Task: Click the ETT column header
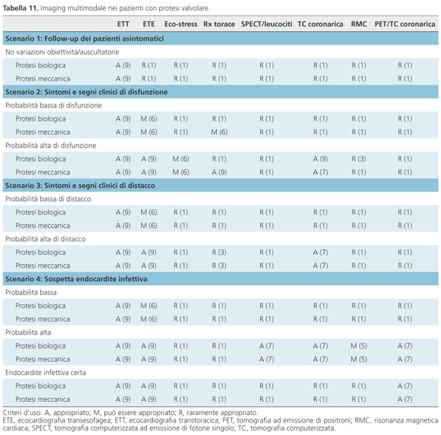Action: [123, 24]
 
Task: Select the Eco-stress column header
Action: [180, 24]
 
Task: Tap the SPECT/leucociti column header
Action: [267, 24]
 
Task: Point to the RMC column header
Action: [358, 24]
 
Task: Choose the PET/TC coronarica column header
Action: [405, 24]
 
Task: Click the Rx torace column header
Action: [219, 24]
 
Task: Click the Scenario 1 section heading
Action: [84, 38]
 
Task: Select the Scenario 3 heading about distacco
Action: [81, 186]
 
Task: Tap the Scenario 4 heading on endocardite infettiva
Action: [76, 279]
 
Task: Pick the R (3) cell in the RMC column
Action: [358, 159]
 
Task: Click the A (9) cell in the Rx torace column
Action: [219, 172]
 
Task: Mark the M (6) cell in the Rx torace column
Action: [219, 132]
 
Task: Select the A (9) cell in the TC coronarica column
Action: [321, 159]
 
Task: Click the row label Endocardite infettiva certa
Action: [46, 372]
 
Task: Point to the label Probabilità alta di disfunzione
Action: [51, 146]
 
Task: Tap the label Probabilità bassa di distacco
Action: [48, 199]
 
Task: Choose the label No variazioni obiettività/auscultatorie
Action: [62, 52]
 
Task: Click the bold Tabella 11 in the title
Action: [21, 8]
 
